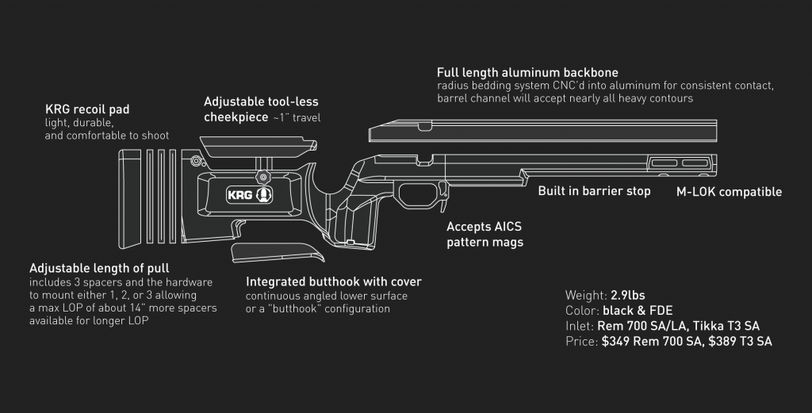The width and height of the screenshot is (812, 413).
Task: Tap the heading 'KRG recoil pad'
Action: pyautogui.click(x=87, y=109)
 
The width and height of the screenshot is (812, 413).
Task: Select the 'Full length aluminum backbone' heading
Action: pyautogui.click(x=527, y=73)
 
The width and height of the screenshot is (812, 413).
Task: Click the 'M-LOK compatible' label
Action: pyautogui.click(x=729, y=192)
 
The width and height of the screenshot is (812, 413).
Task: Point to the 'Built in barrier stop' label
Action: pyautogui.click(x=594, y=191)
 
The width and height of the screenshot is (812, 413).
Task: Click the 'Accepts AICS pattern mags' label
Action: pyautogui.click(x=485, y=235)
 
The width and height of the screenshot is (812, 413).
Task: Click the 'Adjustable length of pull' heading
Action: pyautogui.click(x=99, y=268)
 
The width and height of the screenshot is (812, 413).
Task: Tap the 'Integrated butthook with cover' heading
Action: pyautogui.click(x=334, y=281)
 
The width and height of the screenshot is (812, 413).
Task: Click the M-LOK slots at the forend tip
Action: pyautogui.click(x=681, y=164)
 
